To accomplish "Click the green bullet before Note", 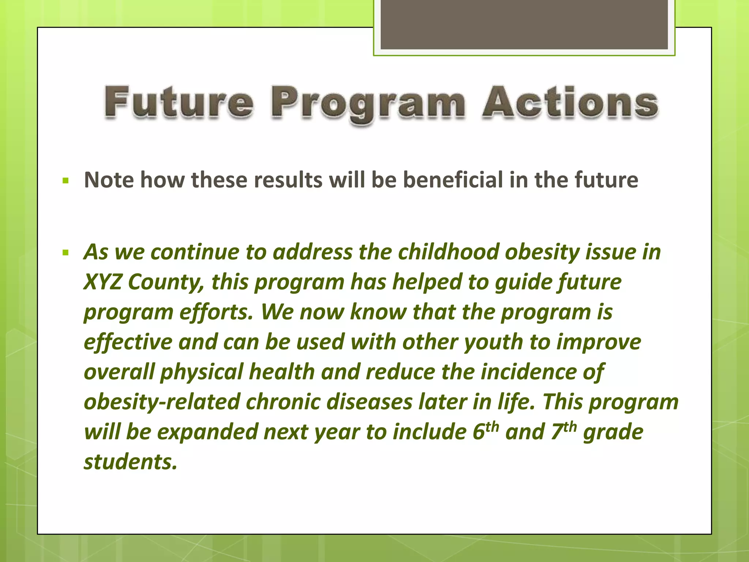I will coord(66,180).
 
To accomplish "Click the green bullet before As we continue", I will coord(66,252).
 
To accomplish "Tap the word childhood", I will coord(448,252).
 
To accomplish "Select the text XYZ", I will coord(102,282).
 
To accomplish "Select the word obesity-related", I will coord(161,402).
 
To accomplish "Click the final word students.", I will coord(130,462).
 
